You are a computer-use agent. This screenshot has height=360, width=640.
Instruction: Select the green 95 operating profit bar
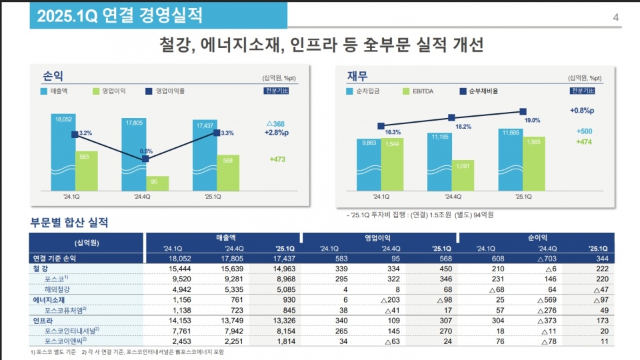pyautogui.click(x=157, y=183)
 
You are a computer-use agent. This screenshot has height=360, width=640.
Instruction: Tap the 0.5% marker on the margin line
pyautogui.click(x=145, y=159)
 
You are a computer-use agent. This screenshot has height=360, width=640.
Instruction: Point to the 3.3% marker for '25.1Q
pyautogui.click(x=217, y=133)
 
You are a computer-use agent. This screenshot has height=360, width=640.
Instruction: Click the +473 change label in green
pyautogui.click(x=277, y=159)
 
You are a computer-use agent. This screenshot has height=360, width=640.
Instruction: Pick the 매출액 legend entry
pyautogui.click(x=59, y=91)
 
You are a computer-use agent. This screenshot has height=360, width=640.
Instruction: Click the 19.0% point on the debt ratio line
pyautogui.click(x=522, y=111)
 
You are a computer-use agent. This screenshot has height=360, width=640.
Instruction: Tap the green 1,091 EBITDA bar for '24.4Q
pyautogui.click(x=463, y=175)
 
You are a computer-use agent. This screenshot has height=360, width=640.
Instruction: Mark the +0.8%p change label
pyautogui.click(x=582, y=110)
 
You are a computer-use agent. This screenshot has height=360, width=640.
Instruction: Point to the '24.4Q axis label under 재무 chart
pyautogui.click(x=453, y=197)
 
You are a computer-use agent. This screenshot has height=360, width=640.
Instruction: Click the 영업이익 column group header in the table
pyautogui.click(x=377, y=237)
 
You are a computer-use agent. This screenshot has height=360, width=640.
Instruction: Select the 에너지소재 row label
pyautogui.click(x=50, y=301)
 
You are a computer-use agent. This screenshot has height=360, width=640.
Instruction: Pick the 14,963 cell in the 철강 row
pyautogui.click(x=282, y=269)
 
